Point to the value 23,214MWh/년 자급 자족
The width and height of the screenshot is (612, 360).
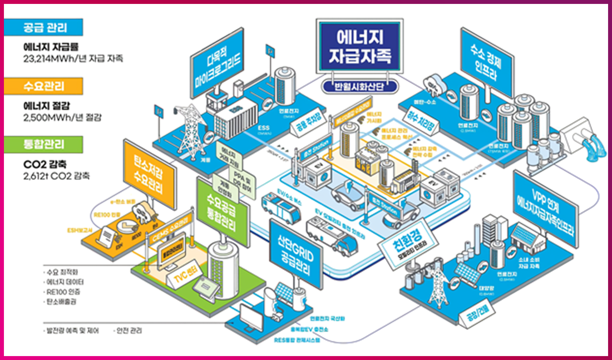click(73, 58)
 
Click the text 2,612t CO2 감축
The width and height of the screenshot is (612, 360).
click(56, 176)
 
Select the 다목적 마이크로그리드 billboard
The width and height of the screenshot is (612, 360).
click(217, 61)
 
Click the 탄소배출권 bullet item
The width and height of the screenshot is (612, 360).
click(62, 302)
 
